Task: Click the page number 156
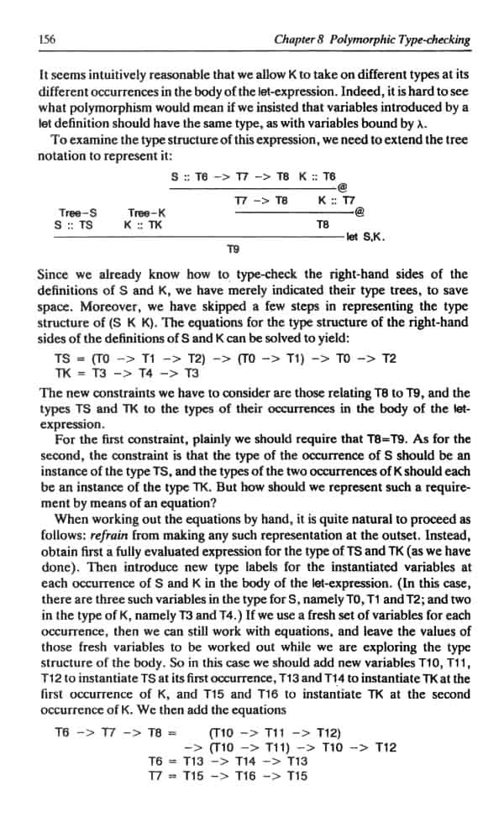[x=47, y=39]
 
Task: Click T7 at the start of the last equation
[x=158, y=775]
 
